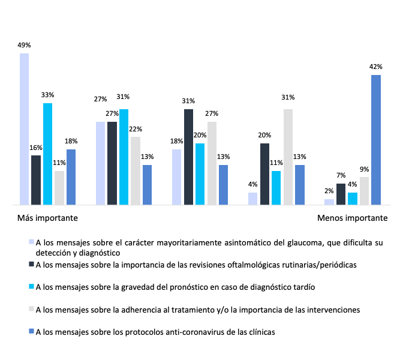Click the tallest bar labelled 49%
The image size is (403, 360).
(24, 129)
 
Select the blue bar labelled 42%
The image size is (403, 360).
(376, 140)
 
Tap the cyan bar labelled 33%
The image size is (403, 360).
(47, 154)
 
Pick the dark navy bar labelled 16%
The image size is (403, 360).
(36, 180)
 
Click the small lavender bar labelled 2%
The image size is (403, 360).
(329, 202)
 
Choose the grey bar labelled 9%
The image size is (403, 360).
(364, 191)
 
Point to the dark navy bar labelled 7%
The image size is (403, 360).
(341, 194)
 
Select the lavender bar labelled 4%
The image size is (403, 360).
(252, 199)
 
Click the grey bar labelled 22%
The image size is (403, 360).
(136, 171)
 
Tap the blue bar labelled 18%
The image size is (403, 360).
(71, 177)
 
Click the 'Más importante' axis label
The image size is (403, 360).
(47, 218)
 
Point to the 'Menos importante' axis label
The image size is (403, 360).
(352, 218)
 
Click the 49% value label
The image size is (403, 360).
(24, 45)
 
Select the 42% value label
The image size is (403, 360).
(376, 67)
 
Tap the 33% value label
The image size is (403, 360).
(48, 95)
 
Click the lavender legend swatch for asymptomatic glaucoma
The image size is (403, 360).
(31, 243)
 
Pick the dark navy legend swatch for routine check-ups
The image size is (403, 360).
(31, 264)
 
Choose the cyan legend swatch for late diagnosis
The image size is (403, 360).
(31, 287)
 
